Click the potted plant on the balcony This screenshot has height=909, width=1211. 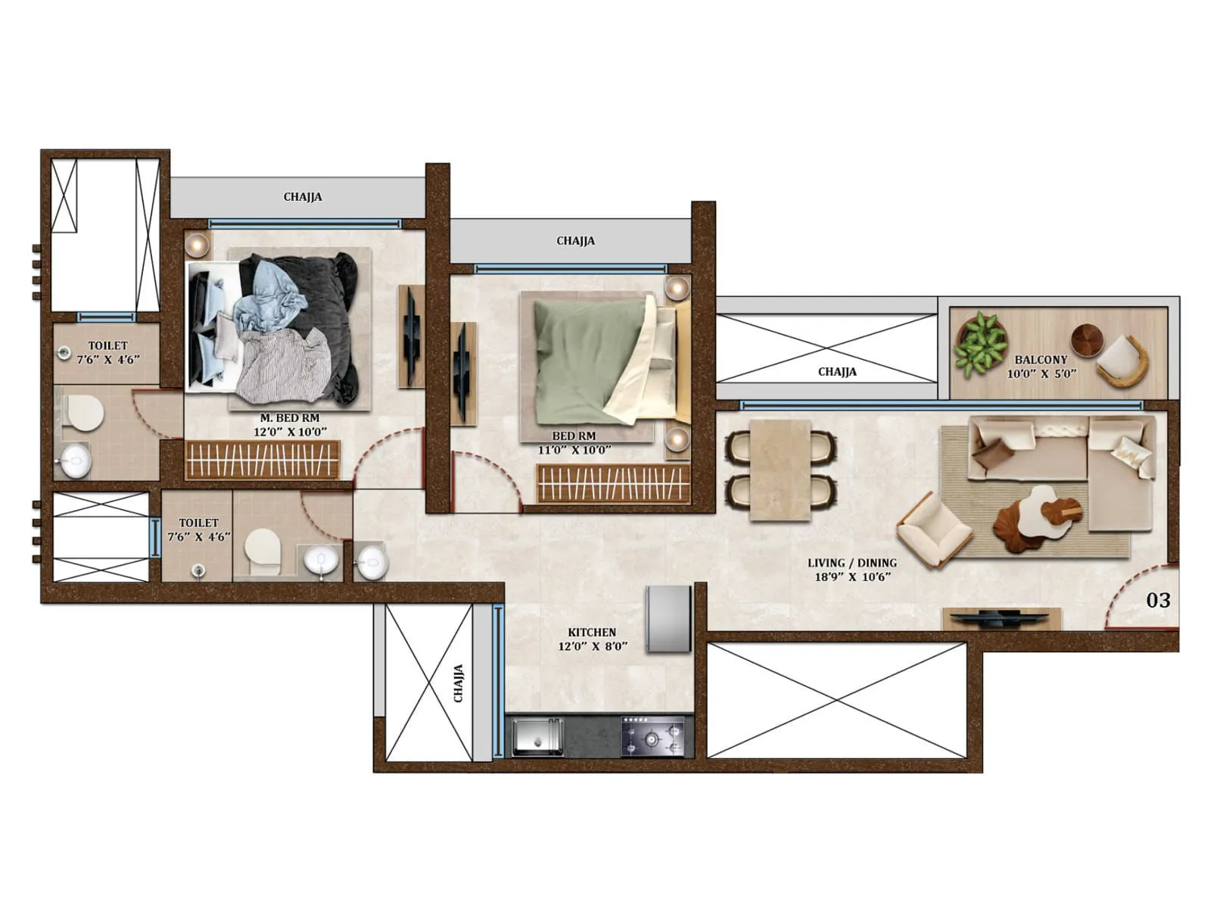pyautogui.click(x=980, y=343)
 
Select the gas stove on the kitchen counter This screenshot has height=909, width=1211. pyautogui.click(x=652, y=736)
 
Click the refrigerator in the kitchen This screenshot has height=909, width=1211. pyautogui.click(x=668, y=617)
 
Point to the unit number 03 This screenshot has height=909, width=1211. pyautogui.click(x=1158, y=601)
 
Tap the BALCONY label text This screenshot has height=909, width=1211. pyautogui.click(x=1041, y=360)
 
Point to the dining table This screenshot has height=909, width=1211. pyautogui.click(x=780, y=470)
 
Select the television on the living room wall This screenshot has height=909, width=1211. pyautogui.click(x=1001, y=618)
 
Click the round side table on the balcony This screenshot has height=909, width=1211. pyautogui.click(x=1086, y=340)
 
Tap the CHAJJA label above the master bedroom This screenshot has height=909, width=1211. pyautogui.click(x=303, y=197)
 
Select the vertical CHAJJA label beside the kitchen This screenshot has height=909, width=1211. pyautogui.click(x=458, y=683)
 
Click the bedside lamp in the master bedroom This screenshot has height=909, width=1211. pyautogui.click(x=197, y=244)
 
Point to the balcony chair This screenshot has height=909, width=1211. pyautogui.click(x=1122, y=360)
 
